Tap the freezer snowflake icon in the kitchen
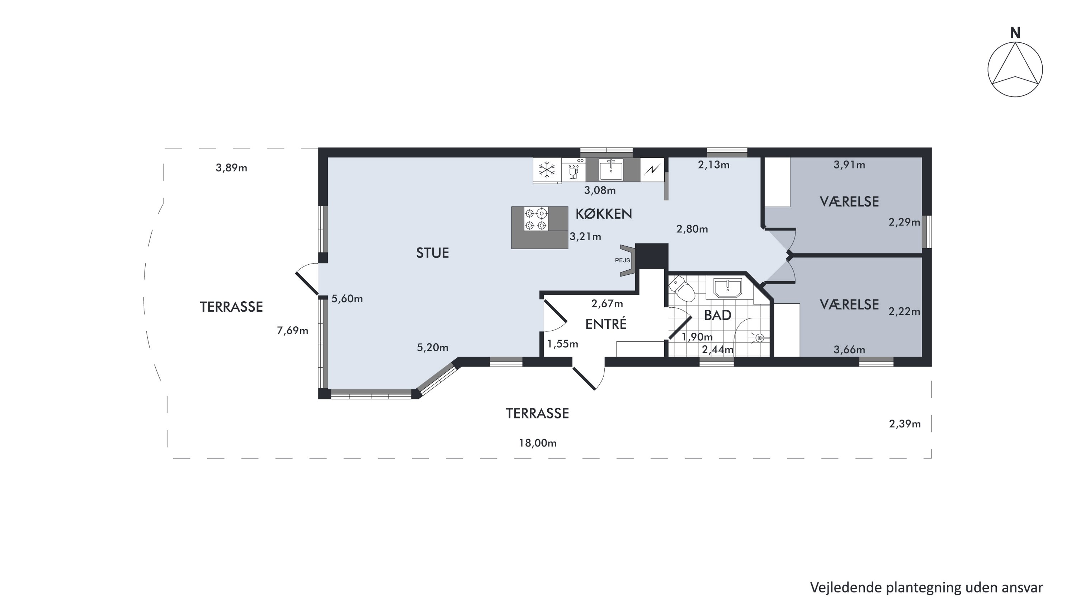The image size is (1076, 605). pos(547,170)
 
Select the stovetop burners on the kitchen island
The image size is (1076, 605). pos(536,219)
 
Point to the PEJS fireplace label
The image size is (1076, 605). pos(622,260)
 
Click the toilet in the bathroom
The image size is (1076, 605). pos(682,288)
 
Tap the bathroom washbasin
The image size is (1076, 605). pos(728,288)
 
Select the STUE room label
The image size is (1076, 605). pos(432,252)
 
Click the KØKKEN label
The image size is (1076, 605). pos(604,214)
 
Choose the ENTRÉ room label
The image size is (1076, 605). pos(606,324)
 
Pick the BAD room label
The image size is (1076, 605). pos(718,315)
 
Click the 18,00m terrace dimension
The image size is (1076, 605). pos(538,443)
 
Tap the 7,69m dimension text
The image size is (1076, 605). pos(292,331)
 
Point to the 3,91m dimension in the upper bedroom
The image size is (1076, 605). pos(849,165)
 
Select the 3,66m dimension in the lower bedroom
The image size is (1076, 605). pos(849,350)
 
